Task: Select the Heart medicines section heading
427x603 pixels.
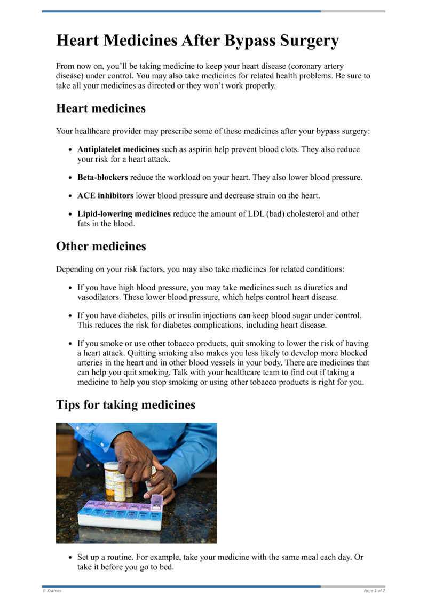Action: pyautogui.click(x=101, y=108)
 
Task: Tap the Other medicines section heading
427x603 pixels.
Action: pyautogui.click(x=101, y=247)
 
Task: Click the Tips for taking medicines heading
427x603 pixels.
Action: pyautogui.click(x=125, y=404)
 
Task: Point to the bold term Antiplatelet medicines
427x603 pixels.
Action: pyautogui.click(x=118, y=149)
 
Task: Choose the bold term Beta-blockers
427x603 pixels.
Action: pyautogui.click(x=102, y=177)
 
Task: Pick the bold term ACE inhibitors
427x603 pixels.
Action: pyautogui.click(x=105, y=195)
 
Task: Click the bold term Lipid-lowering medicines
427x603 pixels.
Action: pyautogui.click(x=124, y=213)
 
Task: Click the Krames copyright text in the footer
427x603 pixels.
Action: pyautogui.click(x=52, y=591)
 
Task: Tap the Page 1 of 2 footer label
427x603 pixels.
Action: pyautogui.click(x=374, y=591)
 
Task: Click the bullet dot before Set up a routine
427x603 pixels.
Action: pyautogui.click(x=71, y=557)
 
